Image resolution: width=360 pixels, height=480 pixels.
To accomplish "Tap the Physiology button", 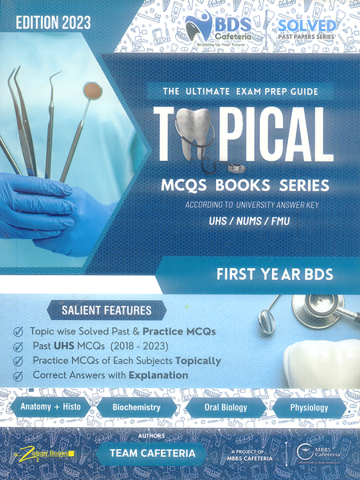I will (x=307, y=408).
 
